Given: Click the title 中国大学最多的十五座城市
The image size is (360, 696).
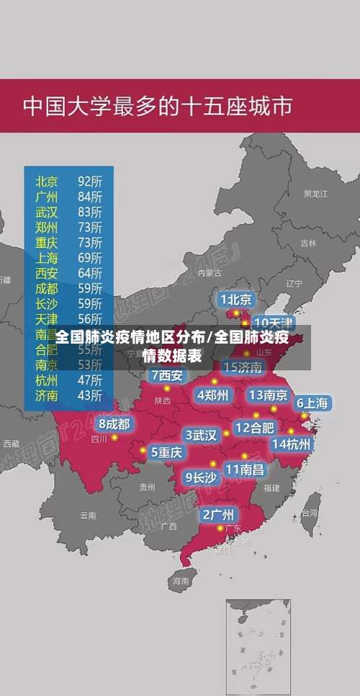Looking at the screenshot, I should tap(158, 107).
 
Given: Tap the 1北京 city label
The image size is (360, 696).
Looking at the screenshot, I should tap(235, 299).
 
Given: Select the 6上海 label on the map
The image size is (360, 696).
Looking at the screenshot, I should tap(312, 403).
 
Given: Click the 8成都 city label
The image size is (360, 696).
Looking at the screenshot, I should tap(114, 424).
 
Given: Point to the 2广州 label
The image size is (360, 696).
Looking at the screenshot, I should tap(217, 514).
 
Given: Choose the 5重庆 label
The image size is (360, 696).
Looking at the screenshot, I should tap(166, 452).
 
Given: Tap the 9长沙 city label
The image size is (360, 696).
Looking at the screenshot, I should tap(201, 476).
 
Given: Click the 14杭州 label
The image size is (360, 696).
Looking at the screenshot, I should tap(292, 444).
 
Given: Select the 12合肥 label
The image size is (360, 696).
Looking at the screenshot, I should tap(254, 427).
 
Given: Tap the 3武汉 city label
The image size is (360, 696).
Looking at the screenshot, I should tap(201, 434).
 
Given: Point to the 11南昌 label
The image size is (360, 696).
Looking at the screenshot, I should tap(244, 469).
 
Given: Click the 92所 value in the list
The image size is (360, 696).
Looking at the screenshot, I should tap(90, 180).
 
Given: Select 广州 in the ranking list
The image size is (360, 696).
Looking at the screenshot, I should tap(47, 196).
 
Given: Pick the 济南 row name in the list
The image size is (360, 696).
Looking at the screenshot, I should tap(47, 395).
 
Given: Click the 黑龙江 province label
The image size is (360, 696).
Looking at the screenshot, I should tap(315, 194).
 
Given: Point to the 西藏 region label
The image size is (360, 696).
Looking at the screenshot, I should tap(11, 443).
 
